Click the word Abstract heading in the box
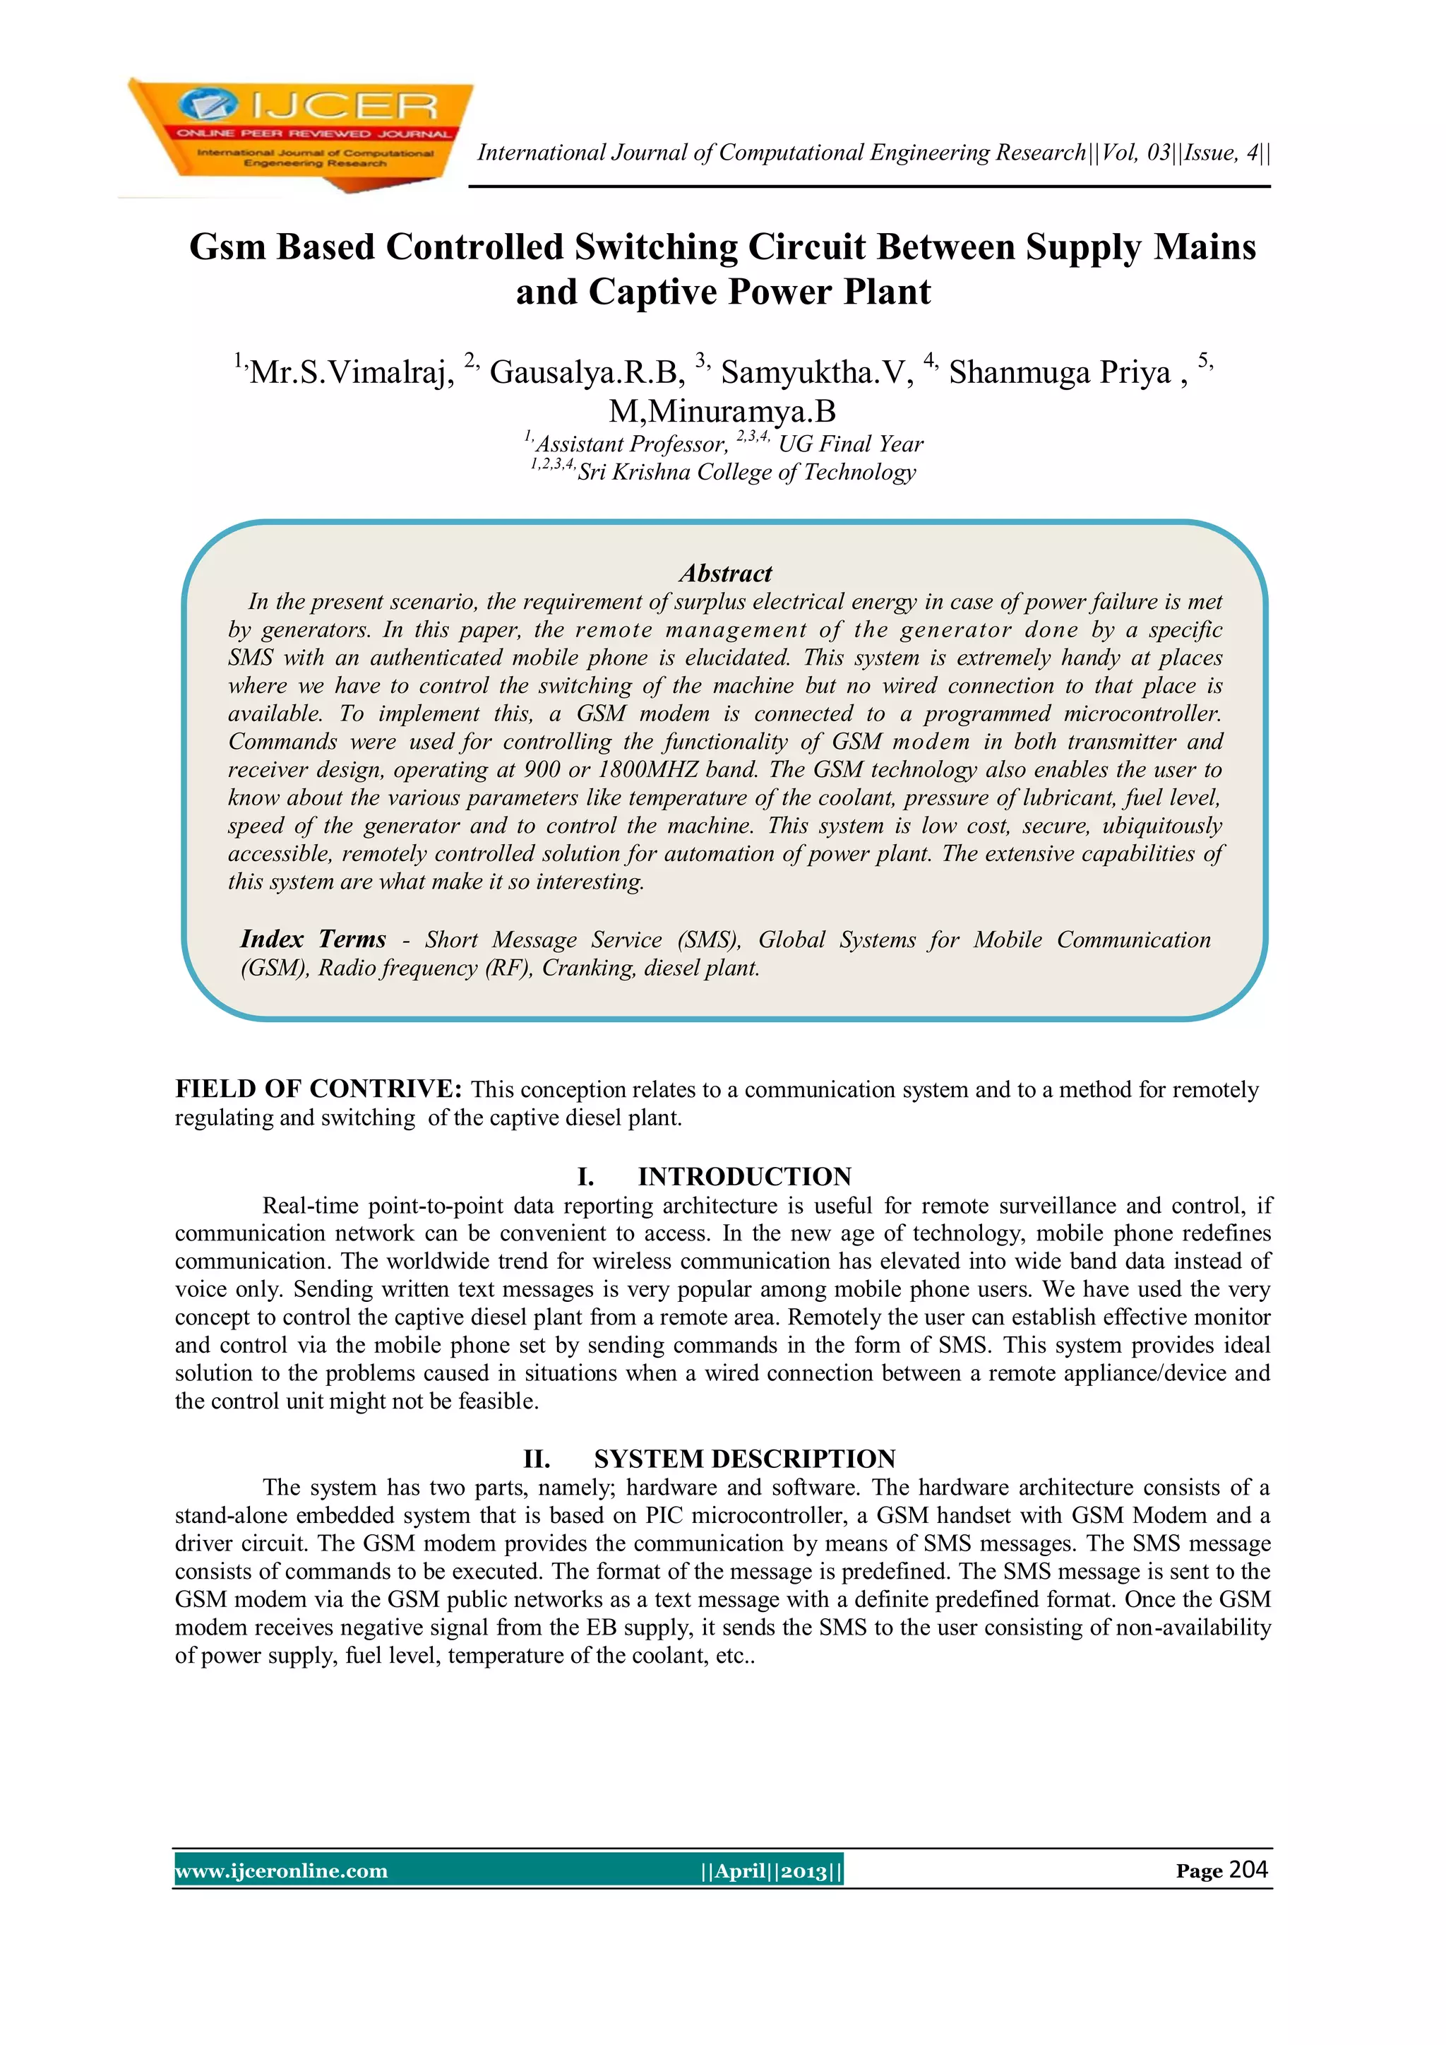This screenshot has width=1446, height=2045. coord(725,573)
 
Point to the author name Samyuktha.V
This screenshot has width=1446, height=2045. coord(816,372)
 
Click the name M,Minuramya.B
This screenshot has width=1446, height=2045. coord(722,412)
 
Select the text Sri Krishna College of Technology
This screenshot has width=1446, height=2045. coord(746,472)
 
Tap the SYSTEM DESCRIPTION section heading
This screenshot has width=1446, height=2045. coord(744,1458)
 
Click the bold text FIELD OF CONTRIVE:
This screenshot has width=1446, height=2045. coord(318,1089)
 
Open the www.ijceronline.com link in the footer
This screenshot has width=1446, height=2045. coord(282,1871)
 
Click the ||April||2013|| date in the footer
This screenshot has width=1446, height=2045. coord(771,1871)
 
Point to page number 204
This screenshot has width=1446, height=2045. coord(1248,1870)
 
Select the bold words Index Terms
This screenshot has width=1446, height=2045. coord(313,939)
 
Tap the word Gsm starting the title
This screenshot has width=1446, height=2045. coord(227,248)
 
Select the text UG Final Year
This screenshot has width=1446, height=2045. coord(850,444)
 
